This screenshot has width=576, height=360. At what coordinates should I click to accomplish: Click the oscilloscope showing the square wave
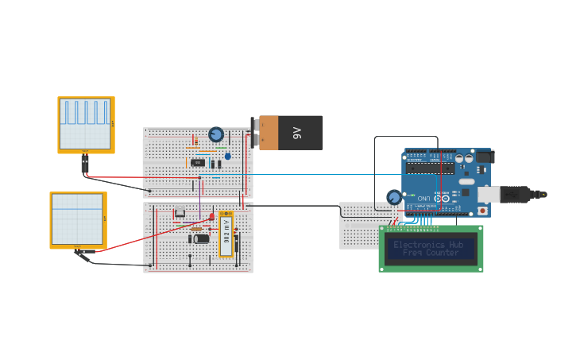tap(86, 124)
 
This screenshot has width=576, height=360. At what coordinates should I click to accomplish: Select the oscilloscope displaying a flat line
tap(78, 219)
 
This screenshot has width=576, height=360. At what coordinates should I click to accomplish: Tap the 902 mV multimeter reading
tap(226, 234)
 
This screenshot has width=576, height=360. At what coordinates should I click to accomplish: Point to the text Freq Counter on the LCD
tap(431, 253)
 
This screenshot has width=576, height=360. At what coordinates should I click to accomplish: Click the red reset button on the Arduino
tap(481, 211)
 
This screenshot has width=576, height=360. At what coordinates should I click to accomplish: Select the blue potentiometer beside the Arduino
tap(394, 197)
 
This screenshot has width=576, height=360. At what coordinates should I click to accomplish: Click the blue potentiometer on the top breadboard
tap(216, 134)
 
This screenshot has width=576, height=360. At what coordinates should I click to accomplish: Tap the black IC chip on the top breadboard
tap(198, 163)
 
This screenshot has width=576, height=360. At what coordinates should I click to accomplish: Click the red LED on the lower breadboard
tap(211, 216)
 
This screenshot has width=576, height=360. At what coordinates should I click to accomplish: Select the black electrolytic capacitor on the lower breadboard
tap(201, 238)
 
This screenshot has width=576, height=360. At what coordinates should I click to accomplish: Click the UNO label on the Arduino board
tap(425, 197)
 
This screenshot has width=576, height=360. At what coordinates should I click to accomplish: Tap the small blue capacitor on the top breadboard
tap(227, 157)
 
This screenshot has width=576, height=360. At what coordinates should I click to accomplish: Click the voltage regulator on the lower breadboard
tap(180, 211)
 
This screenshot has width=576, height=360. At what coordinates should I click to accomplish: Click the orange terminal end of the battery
tap(267, 133)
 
